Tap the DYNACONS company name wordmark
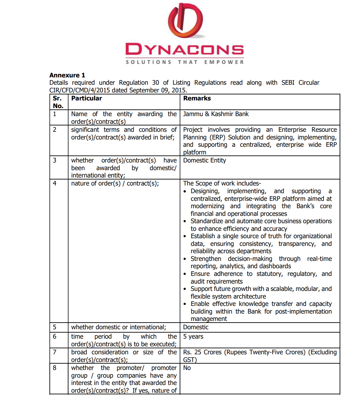(x=184, y=50)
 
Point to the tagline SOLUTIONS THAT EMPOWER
(x=184, y=62)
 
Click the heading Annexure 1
(x=67, y=75)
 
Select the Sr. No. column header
(x=58, y=102)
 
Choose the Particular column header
(x=86, y=98)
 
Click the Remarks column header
(x=197, y=98)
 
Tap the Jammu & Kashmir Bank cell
(x=216, y=114)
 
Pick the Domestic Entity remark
(x=204, y=160)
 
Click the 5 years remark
(x=193, y=337)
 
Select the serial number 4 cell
(x=55, y=183)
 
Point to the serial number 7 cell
(x=55, y=352)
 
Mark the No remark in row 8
(x=187, y=368)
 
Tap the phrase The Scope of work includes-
(x=222, y=183)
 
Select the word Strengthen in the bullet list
(x=206, y=259)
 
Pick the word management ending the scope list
(x=209, y=319)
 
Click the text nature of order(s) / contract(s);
(x=115, y=183)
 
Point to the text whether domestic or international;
(x=119, y=327)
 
